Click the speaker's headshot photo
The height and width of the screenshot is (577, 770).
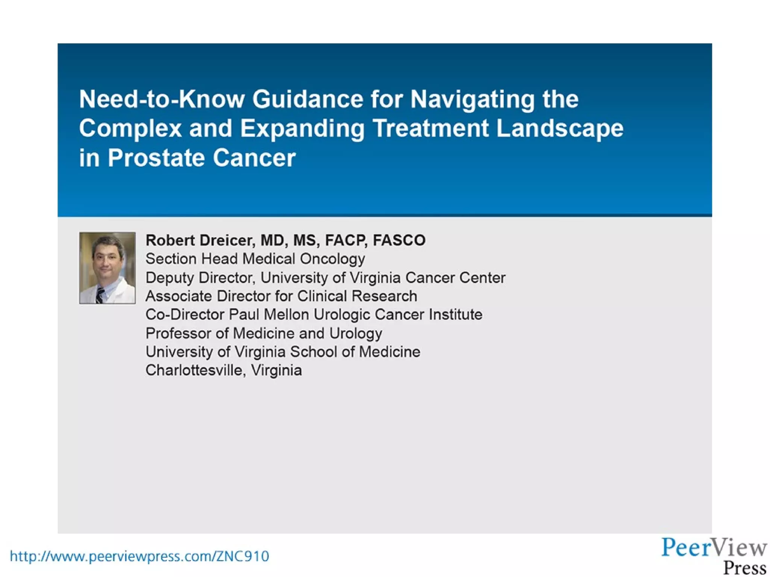click(107, 268)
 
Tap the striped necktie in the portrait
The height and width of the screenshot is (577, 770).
click(100, 295)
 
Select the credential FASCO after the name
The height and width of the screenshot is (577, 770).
click(399, 240)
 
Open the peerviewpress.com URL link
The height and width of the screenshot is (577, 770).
click(139, 556)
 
